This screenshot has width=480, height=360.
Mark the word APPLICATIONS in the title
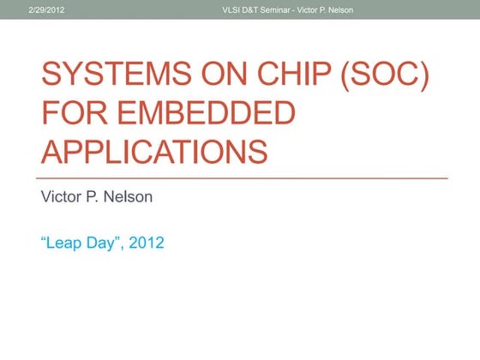click(x=153, y=152)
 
